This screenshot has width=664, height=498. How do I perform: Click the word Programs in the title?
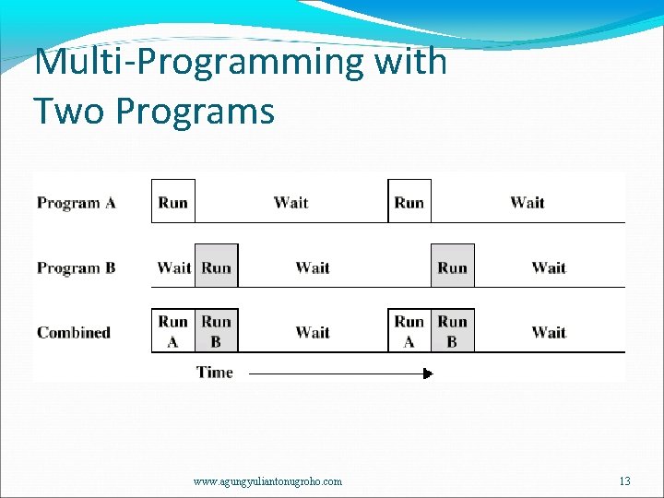[196, 111]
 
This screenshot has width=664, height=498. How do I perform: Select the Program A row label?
[77, 203]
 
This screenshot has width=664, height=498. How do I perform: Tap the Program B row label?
[77, 268]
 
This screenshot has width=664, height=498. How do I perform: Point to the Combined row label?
[74, 332]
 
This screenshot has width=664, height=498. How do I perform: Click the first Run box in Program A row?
[173, 202]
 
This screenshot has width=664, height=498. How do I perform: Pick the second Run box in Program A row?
[409, 202]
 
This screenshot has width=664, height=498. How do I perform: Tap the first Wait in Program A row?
[290, 202]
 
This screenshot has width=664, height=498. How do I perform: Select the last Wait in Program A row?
[527, 202]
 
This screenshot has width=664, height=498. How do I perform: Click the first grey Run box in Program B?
[217, 267]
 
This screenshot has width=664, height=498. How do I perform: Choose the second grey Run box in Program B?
[453, 267]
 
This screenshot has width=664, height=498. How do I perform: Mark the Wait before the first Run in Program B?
[173, 267]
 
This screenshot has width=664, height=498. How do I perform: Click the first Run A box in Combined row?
[173, 331]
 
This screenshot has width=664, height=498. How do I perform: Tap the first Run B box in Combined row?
[217, 331]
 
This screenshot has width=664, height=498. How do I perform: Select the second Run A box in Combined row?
[409, 331]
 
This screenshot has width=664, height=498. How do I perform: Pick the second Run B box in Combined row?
[453, 331]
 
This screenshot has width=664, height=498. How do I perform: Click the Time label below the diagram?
[215, 373]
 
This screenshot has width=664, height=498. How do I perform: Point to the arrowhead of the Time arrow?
[427, 373]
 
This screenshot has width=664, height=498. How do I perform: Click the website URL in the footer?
[267, 481]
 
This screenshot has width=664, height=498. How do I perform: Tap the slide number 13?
[625, 481]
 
